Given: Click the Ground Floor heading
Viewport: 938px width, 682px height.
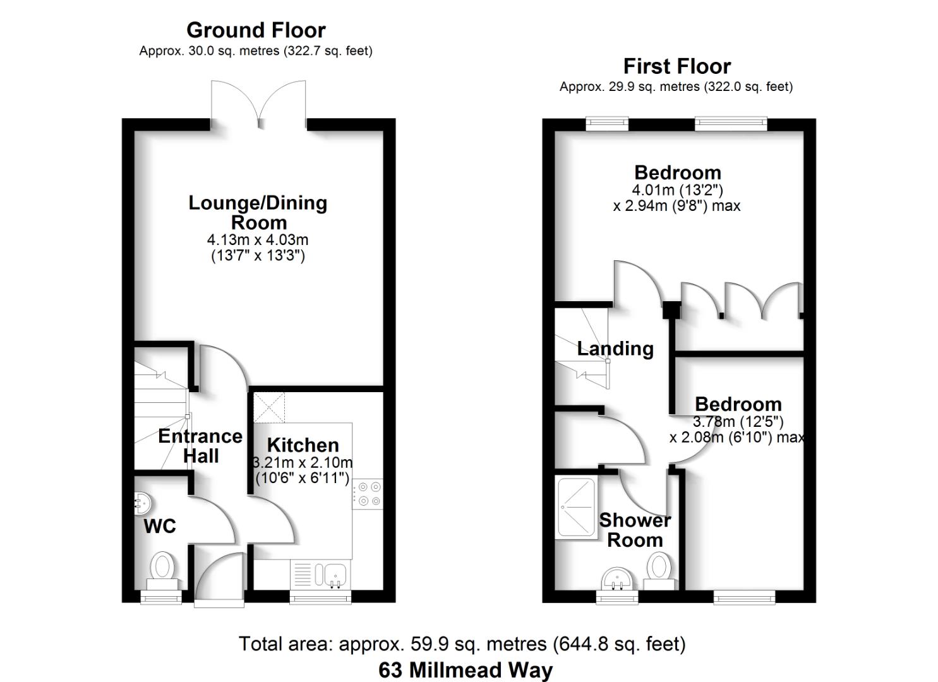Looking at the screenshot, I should (x=256, y=30).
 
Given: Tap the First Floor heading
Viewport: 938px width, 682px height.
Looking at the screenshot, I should (x=676, y=66).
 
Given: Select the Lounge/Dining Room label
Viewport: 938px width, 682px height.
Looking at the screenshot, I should (x=258, y=212).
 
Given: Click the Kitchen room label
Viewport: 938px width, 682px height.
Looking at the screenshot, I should (x=303, y=445).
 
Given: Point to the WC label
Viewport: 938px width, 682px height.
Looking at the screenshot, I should (x=160, y=526).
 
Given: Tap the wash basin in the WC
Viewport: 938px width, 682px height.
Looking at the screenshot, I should (x=143, y=503).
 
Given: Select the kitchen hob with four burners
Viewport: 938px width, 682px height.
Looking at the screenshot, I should (x=368, y=494).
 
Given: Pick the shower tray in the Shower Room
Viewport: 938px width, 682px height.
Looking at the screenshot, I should (x=576, y=508).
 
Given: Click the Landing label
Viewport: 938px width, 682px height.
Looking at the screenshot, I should (x=615, y=349).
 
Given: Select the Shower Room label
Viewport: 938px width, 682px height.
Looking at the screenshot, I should (x=635, y=530).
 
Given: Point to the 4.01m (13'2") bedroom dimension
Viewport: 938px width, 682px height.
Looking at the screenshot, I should (x=677, y=189).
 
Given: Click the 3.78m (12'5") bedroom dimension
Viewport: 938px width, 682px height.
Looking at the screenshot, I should (x=738, y=421).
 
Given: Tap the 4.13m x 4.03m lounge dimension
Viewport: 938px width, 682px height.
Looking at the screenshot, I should (x=258, y=240).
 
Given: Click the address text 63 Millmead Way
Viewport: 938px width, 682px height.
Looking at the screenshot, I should (x=466, y=669).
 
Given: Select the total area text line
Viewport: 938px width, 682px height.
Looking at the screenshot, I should (x=462, y=643).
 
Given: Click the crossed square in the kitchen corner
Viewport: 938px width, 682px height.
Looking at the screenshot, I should (x=269, y=407).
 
